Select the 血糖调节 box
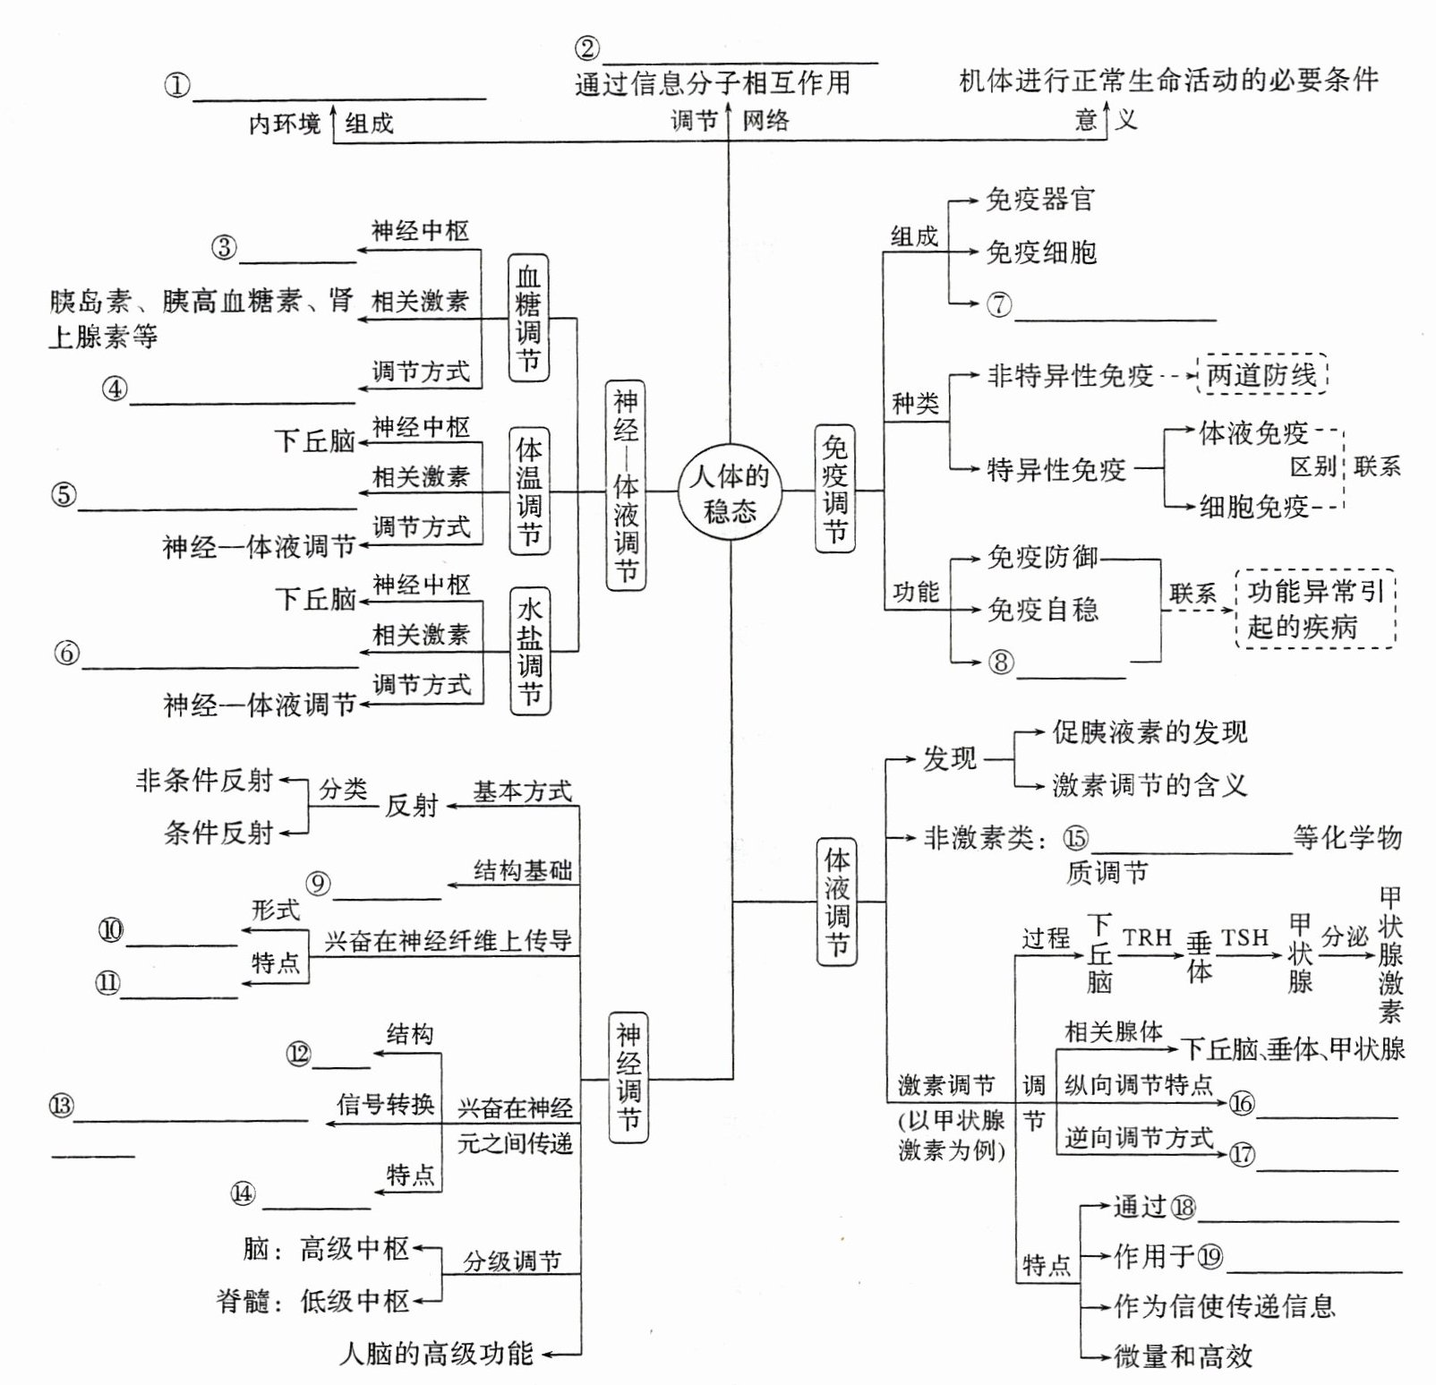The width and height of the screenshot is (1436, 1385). tap(528, 318)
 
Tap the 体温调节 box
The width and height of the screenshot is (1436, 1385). tap(529, 491)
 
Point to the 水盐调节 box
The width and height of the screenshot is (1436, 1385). tap(530, 650)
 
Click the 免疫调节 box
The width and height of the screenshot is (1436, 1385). tap(834, 489)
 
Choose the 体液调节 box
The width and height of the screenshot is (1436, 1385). tap(837, 901)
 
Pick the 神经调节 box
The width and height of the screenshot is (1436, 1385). tap(628, 1077)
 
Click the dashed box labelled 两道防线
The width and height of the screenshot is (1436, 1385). tap(1262, 375)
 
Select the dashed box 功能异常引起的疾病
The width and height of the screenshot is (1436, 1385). tap(1315, 609)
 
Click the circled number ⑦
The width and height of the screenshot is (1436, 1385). tap(999, 304)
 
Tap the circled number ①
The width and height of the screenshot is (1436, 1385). tap(177, 85)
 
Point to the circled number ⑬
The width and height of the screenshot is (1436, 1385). tap(61, 1106)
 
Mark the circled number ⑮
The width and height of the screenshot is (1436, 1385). tap(1076, 838)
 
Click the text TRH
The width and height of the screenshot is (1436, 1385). tap(1147, 937)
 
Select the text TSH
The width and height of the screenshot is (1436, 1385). tap(1244, 937)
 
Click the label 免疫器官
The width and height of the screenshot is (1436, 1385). tap(1040, 199)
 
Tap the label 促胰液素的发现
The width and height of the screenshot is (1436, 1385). tap(1150, 732)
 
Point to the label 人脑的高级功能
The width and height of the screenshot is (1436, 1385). tap(436, 1353)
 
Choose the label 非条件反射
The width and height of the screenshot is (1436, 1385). tap(204, 781)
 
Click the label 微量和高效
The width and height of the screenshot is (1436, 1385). tap(1183, 1356)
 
